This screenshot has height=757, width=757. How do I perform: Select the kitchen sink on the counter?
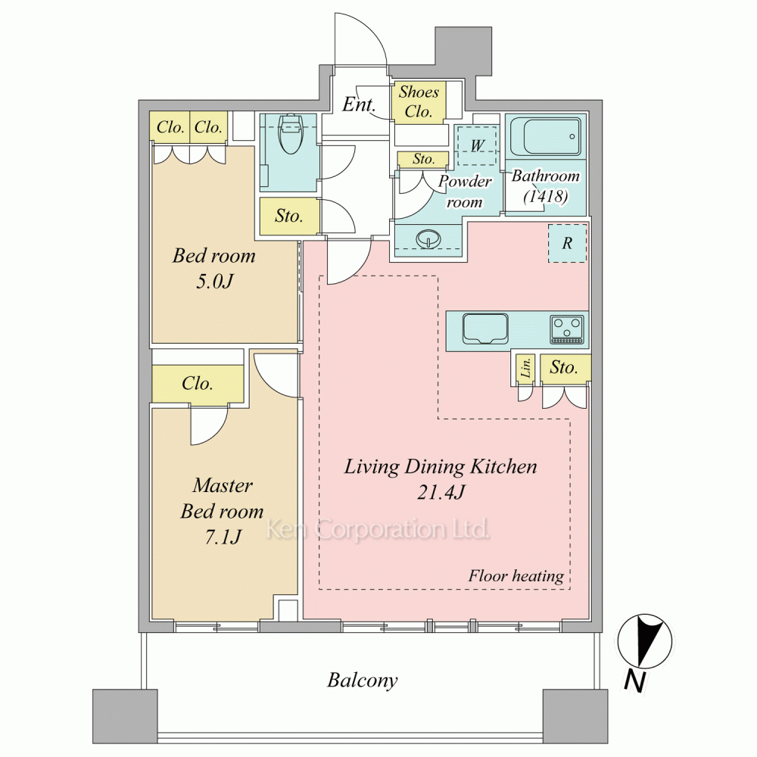pos(485,329)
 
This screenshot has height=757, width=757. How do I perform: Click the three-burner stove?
pos(567,329)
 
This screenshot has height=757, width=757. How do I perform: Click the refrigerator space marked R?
pos(567,243)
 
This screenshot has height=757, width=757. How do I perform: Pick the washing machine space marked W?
pos(477,145)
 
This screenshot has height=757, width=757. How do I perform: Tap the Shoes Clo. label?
pos(419,101)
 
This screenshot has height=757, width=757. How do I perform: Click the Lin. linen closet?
pos(525,369)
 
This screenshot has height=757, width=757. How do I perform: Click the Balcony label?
pos(363,681)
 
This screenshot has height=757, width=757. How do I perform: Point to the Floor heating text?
pos(516,576)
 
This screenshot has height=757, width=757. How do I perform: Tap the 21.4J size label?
pos(441,493)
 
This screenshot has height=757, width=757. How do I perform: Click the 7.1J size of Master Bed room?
pos(223,537)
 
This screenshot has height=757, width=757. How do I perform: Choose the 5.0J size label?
pos(214,282)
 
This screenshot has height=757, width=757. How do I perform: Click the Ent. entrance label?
pos(358,104)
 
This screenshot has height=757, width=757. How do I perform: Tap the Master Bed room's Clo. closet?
pos(198,384)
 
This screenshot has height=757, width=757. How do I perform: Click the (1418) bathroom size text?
pos(545,196)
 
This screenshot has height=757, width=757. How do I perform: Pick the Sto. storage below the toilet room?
pos(289,216)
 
